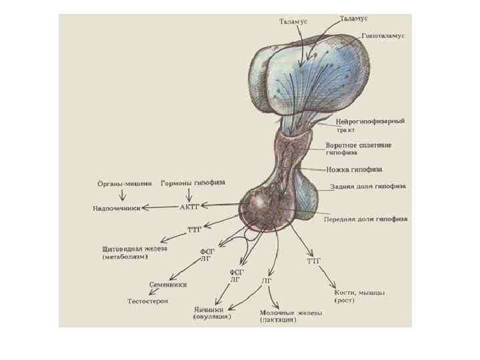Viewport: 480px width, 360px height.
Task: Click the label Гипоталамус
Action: click(x=383, y=35)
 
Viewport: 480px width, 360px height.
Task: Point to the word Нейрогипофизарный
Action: click(x=365, y=122)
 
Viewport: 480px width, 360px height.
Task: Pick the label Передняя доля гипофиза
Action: click(x=365, y=219)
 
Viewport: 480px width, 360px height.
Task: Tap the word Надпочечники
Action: click(x=117, y=208)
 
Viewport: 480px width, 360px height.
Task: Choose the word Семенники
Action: click(x=168, y=285)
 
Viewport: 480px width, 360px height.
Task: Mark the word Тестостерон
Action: click(x=148, y=301)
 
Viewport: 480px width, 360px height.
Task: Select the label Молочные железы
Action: click(x=291, y=313)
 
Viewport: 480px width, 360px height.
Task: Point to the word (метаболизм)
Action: click(x=125, y=257)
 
